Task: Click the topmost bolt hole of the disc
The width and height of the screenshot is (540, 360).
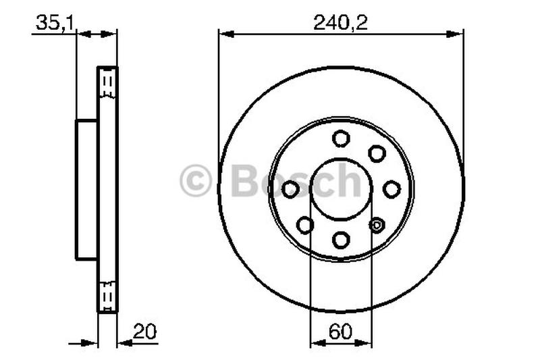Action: (341, 138)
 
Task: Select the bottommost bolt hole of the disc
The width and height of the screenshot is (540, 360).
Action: (341, 240)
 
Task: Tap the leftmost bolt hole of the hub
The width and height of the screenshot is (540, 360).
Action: (290, 190)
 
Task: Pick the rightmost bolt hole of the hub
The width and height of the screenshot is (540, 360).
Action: (391, 190)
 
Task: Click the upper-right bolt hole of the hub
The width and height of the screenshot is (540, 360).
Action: (377, 153)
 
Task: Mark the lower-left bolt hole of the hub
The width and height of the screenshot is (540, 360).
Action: (305, 225)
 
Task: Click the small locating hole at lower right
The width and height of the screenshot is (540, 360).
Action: (377, 225)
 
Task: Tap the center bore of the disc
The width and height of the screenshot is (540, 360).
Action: (341, 189)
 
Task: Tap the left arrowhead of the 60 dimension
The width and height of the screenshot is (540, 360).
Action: (315, 343)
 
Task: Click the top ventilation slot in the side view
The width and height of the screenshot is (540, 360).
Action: (107, 84)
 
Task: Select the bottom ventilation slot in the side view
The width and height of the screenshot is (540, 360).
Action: (107, 294)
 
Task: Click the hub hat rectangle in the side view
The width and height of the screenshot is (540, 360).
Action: (86, 189)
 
